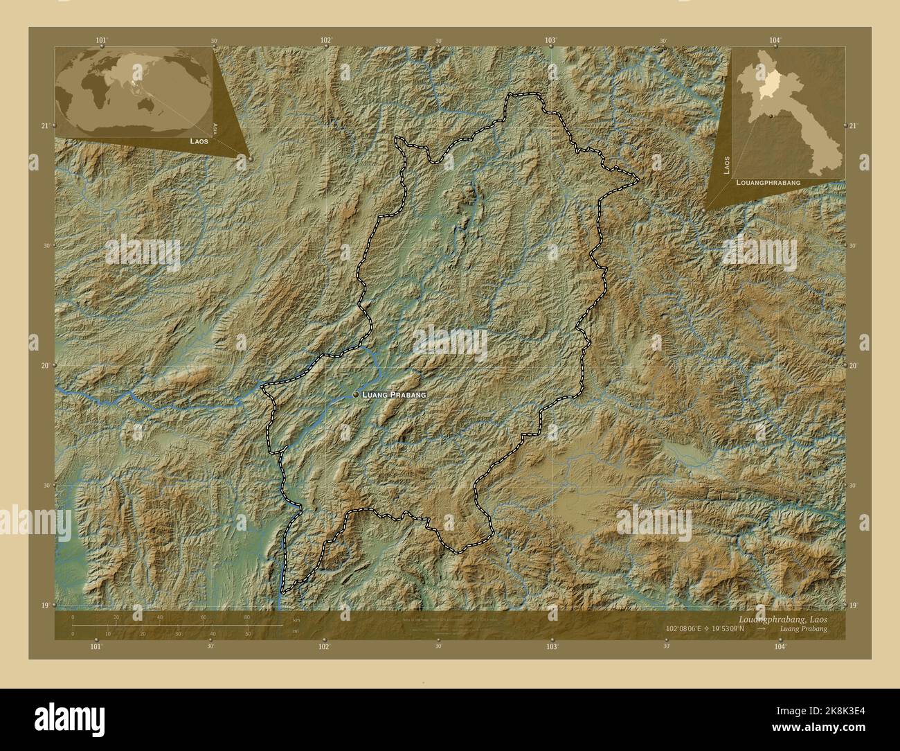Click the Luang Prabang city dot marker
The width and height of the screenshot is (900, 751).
click(356, 394)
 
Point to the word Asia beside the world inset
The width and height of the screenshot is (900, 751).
click(216, 127)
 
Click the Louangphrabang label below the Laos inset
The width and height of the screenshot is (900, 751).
click(768, 182)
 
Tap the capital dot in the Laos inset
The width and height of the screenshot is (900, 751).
click(769, 116)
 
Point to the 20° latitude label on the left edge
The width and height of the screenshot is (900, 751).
click(46, 365)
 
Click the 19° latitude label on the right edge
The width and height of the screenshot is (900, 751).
click(854, 605)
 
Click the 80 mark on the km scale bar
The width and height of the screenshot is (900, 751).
click(246, 617)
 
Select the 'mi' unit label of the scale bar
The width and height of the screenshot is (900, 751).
click(296, 632)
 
